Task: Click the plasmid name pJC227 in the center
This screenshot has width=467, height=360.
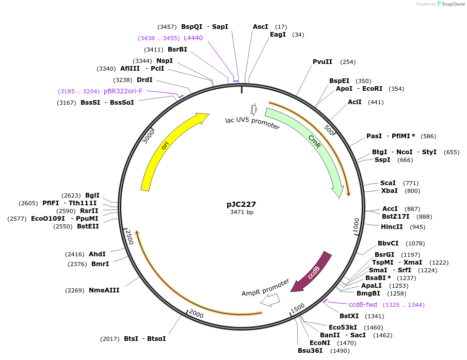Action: [241, 204]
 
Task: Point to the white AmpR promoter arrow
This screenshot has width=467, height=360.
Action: [270, 300]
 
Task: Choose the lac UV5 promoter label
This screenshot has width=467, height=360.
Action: [252, 123]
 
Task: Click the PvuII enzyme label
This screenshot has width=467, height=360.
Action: [323, 62]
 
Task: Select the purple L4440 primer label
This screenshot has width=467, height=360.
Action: [193, 38]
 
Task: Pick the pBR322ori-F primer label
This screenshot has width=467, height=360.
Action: [123, 91]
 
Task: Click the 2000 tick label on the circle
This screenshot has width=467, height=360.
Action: [196, 313]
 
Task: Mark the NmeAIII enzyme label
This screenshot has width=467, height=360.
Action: [104, 290]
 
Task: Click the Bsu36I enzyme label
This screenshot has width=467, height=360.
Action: [310, 351]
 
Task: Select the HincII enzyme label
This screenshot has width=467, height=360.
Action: [392, 226]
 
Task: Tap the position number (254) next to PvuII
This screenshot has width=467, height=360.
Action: [348, 62]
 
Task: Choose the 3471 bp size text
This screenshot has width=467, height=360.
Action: [241, 212]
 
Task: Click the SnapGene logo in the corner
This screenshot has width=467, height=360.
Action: [450, 4]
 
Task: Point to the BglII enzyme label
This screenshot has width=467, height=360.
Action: [92, 195]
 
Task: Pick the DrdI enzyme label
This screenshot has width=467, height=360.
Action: [144, 80]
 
